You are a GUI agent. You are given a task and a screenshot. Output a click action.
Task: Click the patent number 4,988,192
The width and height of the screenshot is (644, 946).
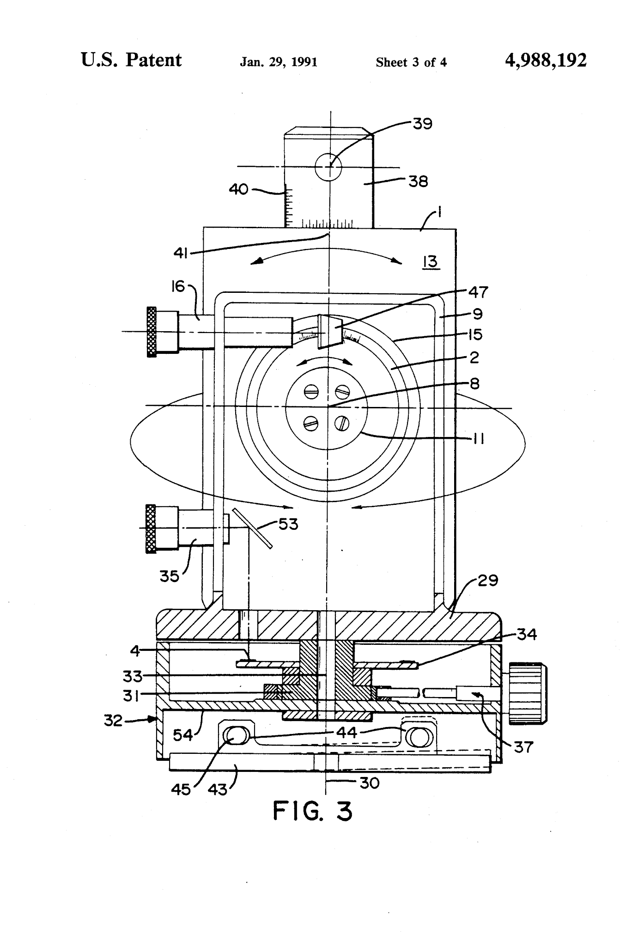546,61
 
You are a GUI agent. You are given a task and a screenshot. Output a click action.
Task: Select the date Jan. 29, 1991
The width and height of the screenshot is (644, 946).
279,62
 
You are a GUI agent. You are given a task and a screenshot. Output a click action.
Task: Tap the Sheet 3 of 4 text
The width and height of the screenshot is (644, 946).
411,62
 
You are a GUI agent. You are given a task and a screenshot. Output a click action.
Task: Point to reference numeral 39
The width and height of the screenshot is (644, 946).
422,124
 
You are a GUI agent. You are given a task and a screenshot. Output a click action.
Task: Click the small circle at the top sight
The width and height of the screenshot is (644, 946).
328,166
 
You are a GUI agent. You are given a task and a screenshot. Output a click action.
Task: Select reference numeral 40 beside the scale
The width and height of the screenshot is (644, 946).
239,189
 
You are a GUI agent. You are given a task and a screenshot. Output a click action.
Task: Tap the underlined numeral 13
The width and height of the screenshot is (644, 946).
430,262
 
